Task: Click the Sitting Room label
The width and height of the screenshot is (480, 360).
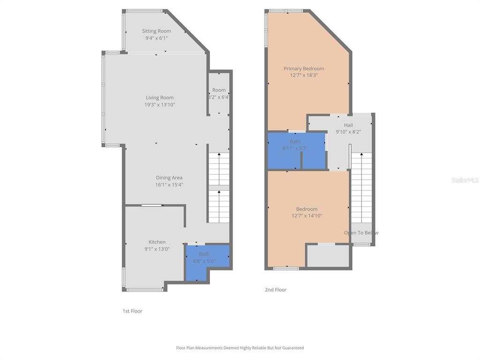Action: pos(157,31)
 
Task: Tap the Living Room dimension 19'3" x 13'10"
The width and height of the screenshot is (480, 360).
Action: pos(159,105)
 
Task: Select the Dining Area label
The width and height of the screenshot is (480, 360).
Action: pos(169,178)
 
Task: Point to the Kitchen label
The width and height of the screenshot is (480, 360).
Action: pos(157,242)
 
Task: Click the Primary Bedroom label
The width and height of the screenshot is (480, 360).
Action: pos(304,68)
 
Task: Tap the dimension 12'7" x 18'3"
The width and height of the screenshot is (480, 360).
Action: pos(304,75)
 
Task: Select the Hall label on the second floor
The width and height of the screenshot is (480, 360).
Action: pos(348,125)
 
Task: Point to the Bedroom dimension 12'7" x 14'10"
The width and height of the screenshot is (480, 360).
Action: pos(307,216)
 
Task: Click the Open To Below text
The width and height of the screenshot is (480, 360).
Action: pos(361,233)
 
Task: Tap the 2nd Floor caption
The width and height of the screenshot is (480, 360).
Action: pos(276,290)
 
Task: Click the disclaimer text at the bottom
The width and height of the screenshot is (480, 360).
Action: pos(240,348)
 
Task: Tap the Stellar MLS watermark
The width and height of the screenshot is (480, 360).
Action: pos(465,180)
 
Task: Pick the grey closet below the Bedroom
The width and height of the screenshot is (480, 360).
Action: pos(328,256)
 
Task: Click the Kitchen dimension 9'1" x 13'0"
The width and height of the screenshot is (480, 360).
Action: pos(157,249)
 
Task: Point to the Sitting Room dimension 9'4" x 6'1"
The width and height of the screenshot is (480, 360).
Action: pos(157,38)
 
